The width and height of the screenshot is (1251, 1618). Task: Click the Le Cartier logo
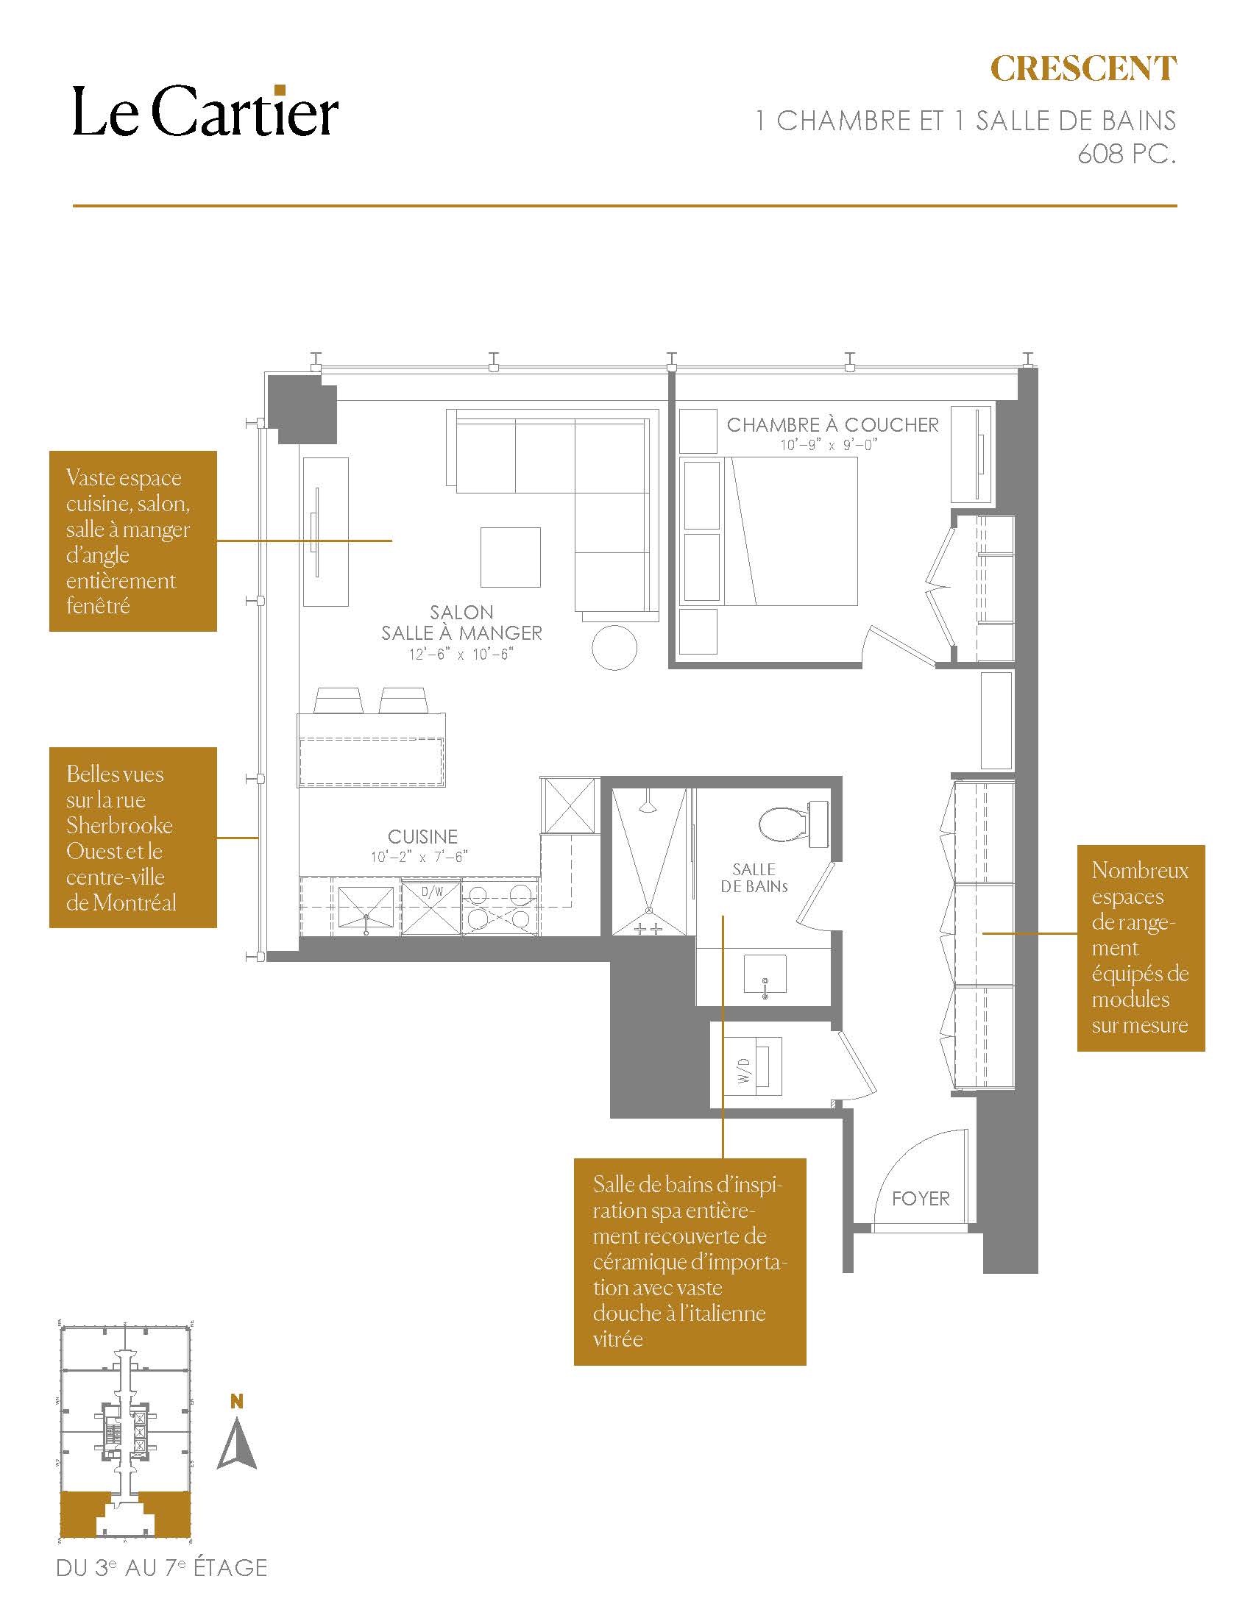(x=205, y=112)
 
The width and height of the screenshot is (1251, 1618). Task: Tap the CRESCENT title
(x=1083, y=69)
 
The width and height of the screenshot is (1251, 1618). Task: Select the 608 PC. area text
(x=1127, y=154)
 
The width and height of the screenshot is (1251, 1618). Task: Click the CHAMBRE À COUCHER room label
(x=832, y=424)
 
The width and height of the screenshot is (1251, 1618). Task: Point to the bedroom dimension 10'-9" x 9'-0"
(x=829, y=445)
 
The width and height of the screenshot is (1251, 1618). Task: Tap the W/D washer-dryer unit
(x=754, y=1066)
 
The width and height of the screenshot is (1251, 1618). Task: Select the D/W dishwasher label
(x=432, y=891)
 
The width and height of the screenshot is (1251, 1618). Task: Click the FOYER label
(x=921, y=1198)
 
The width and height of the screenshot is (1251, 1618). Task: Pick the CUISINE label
(x=422, y=836)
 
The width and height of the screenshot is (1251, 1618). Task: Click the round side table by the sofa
(x=614, y=647)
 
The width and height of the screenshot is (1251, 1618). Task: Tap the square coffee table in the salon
(x=510, y=557)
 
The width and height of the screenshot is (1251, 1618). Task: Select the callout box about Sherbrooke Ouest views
(x=133, y=837)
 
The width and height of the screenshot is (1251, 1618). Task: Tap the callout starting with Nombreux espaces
(x=1141, y=947)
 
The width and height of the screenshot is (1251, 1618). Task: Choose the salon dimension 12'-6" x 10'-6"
(x=460, y=654)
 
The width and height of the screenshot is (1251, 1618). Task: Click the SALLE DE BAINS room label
(x=754, y=877)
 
